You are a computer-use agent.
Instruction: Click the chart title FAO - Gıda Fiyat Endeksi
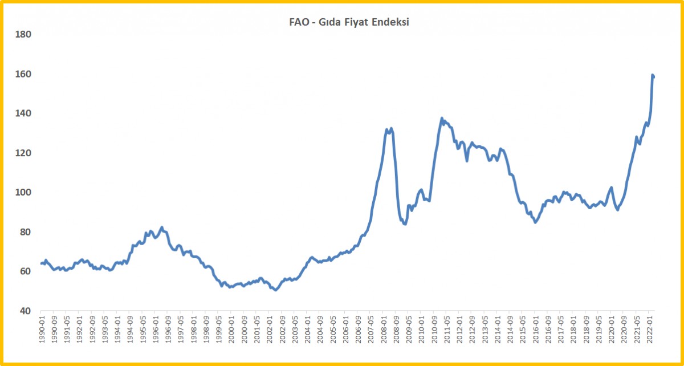coord(349,22)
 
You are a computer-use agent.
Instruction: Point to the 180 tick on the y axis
coord(23,35)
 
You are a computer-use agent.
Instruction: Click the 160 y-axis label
coord(23,74)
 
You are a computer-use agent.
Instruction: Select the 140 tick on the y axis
coord(23,113)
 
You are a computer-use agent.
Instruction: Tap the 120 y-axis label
coord(23,153)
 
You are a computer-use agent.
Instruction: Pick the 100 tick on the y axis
coord(23,192)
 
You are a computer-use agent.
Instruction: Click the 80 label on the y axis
coord(26,232)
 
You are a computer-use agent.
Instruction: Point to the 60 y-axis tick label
coord(26,271)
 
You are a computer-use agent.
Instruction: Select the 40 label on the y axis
coord(26,311)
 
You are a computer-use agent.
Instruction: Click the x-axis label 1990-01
coord(42,330)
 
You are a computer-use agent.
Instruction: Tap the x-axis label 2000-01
coord(231,330)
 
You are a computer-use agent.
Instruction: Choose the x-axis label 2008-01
coord(383,330)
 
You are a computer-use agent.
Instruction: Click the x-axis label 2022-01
coord(649,330)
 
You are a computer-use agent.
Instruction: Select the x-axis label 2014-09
coord(510,330)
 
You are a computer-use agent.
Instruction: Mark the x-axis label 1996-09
coord(168,330)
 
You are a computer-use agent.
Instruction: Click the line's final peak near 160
coord(652,75)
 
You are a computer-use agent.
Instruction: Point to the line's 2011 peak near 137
coord(442,118)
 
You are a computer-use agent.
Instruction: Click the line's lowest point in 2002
coord(275,290)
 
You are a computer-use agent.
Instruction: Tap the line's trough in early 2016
coord(535,222)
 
